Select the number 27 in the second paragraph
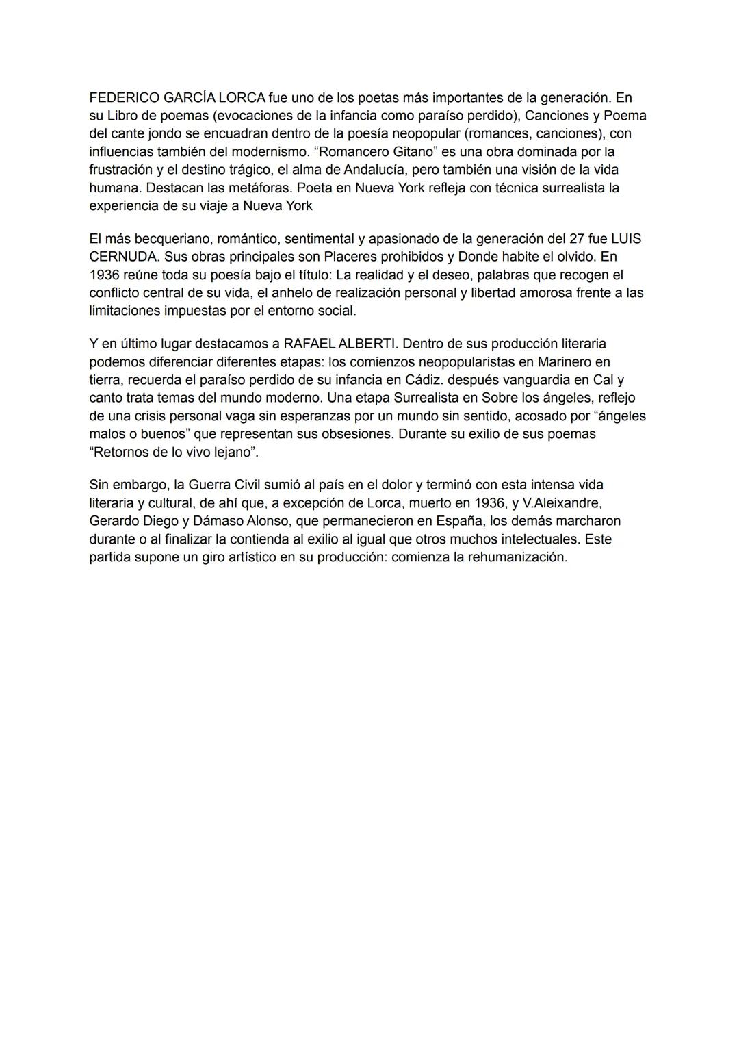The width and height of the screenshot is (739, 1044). coord(578,240)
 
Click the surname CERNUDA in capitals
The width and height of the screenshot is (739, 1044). coord(123,257)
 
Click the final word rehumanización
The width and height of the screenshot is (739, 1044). coord(517,557)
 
